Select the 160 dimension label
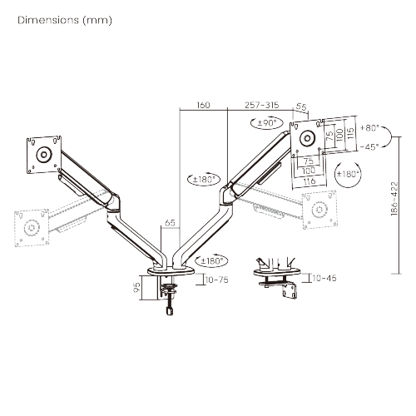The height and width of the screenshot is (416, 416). (203, 106)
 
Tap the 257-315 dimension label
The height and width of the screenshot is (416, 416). (263, 106)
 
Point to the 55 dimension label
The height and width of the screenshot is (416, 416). (300, 106)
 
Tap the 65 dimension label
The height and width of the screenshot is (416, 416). (170, 224)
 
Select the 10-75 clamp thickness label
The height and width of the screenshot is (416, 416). (217, 280)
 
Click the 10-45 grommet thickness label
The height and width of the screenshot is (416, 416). (326, 278)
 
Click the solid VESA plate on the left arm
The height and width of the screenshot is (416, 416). (43, 153)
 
